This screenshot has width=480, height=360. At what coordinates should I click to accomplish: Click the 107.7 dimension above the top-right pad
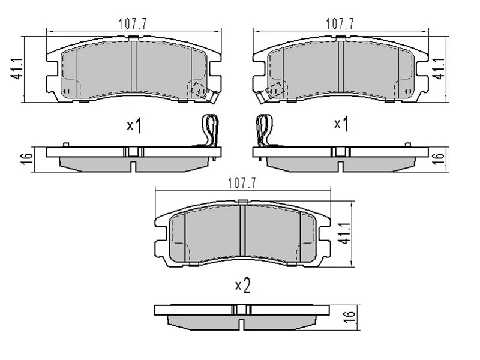340,24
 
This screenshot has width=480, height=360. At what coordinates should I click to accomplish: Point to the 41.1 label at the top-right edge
439,68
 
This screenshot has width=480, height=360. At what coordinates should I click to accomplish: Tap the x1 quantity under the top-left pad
134,125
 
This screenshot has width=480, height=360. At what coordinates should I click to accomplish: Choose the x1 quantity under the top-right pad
341,124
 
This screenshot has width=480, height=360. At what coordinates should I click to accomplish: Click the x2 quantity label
242,286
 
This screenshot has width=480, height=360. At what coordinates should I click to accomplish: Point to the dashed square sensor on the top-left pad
198,89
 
